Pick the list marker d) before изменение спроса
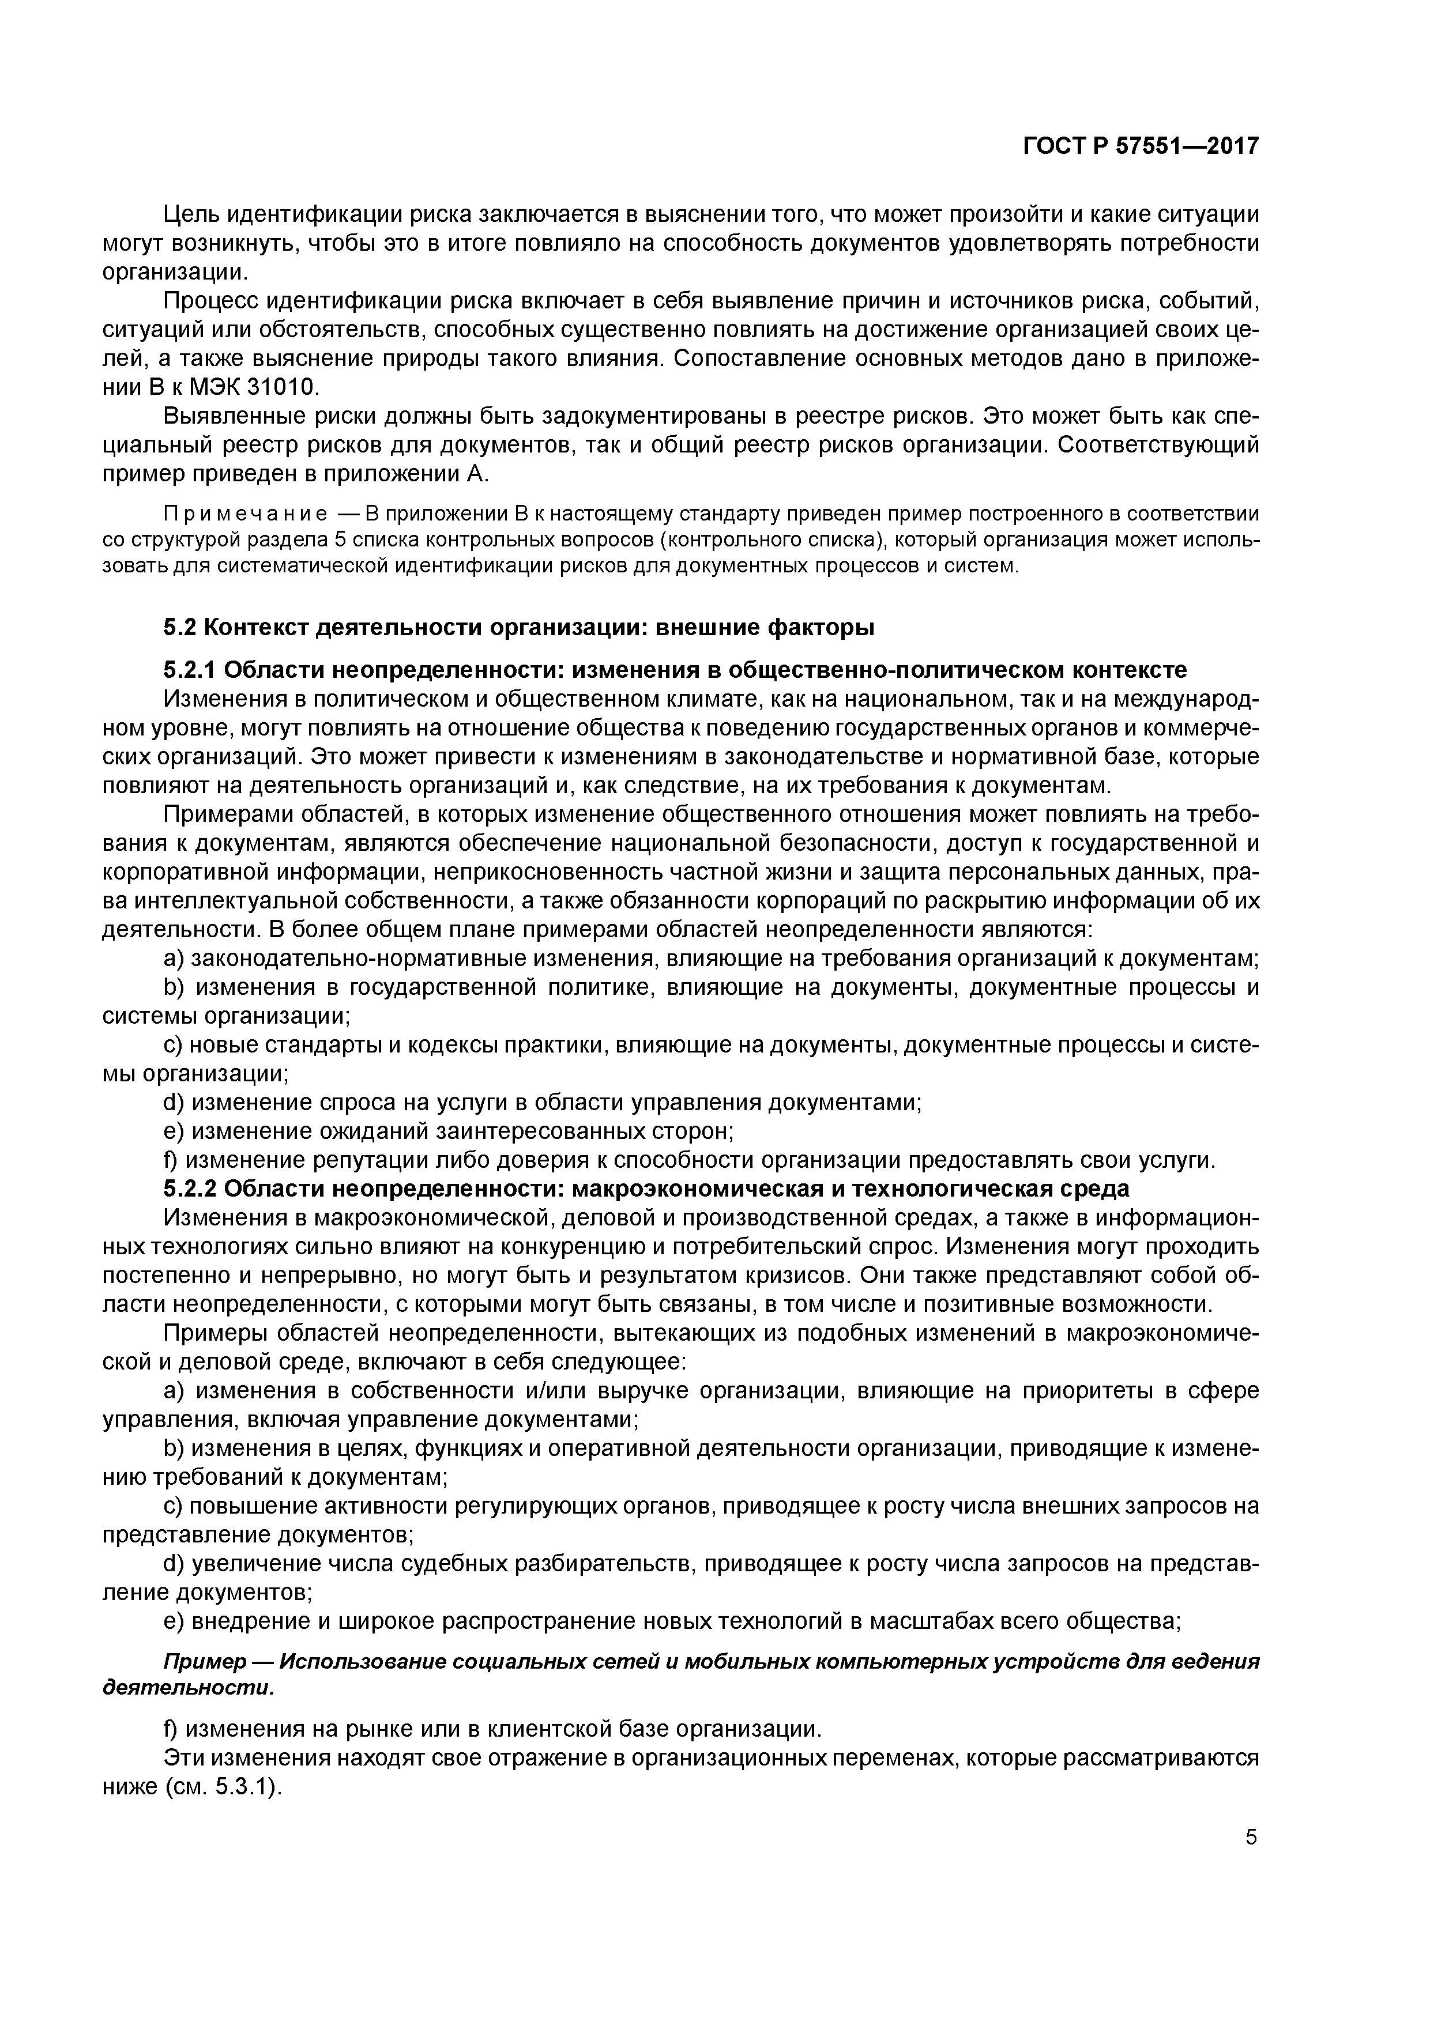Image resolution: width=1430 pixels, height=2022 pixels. (175, 1103)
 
